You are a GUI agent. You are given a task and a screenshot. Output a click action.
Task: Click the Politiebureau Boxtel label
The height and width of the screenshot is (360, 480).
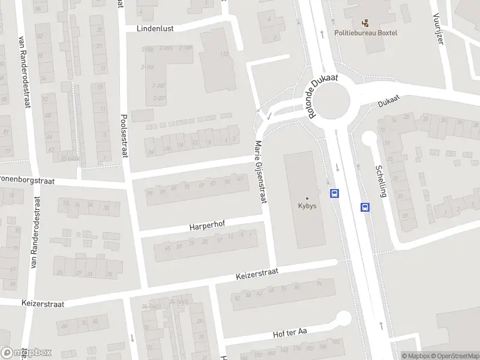point(365,34)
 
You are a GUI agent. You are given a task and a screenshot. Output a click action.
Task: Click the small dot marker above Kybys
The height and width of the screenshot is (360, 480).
point(307,198)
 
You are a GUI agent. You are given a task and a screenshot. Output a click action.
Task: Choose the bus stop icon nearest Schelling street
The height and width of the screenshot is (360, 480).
point(365,207)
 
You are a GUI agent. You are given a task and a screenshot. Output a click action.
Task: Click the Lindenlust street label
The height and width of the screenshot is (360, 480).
point(154,28)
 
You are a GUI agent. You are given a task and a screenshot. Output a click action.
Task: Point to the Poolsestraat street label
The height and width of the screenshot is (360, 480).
point(125,136)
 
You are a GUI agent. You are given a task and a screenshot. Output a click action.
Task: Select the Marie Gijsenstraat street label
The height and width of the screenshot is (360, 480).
point(259,173)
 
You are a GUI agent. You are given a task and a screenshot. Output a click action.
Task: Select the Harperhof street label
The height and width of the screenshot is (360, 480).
point(206,227)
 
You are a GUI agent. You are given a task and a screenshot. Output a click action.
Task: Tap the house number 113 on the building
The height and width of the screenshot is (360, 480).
point(224,54)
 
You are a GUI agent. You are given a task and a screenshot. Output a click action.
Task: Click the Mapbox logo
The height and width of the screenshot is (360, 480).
point(26,352)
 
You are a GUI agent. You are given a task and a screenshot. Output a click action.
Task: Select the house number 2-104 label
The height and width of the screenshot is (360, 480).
point(147,67)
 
